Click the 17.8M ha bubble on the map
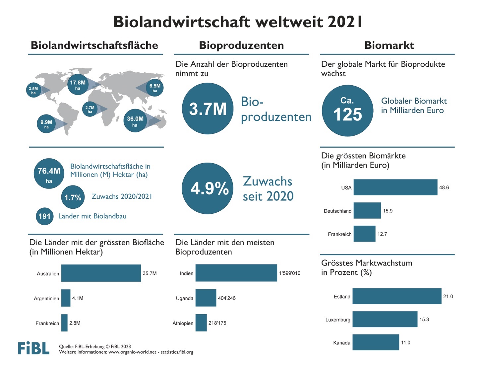click(78, 85)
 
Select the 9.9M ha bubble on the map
click(46, 124)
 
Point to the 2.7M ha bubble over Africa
click(90, 109)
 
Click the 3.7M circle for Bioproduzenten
click(208, 109)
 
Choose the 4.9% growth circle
click(208, 188)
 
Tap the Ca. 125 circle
click(347, 110)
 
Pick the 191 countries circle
click(44, 216)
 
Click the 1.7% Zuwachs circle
click(73, 197)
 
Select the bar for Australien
click(101, 273)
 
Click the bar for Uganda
click(206, 298)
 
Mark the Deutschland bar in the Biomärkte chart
click(367, 211)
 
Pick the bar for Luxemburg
click(385, 319)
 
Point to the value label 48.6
click(444, 187)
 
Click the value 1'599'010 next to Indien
click(289, 273)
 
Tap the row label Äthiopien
click(183, 323)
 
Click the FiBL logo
click(33, 348)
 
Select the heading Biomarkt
click(389, 45)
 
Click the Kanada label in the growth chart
click(341, 343)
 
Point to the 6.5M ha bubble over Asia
click(154, 88)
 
